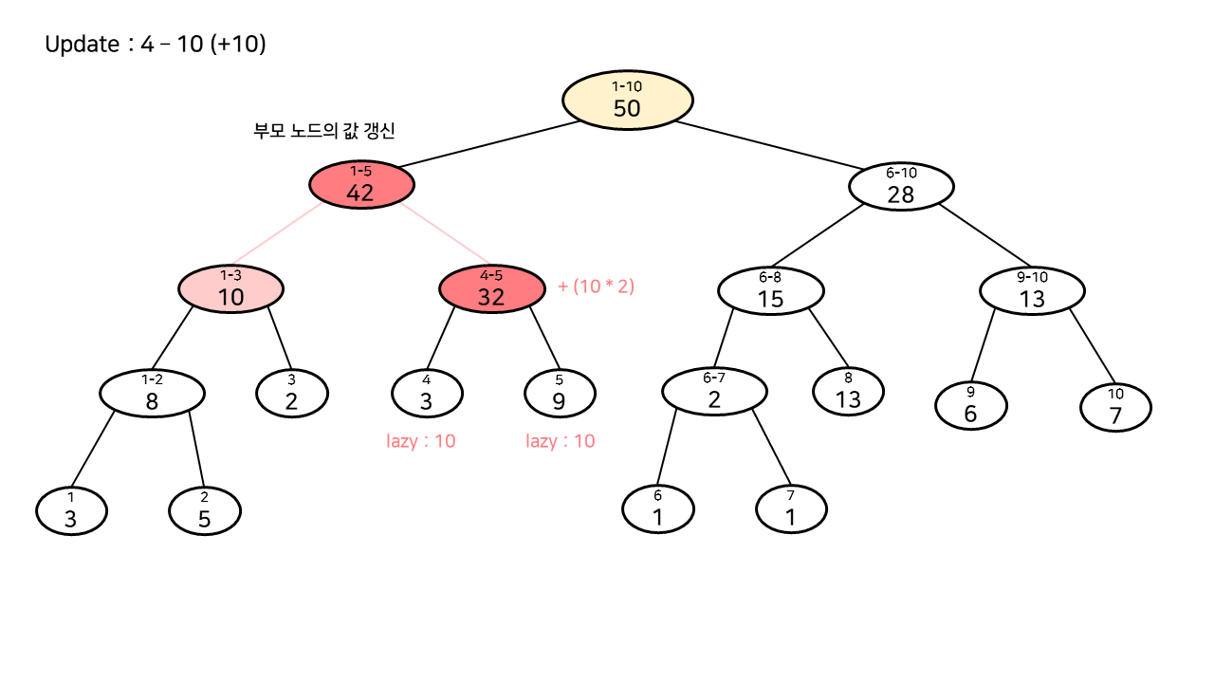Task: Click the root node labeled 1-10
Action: [627, 100]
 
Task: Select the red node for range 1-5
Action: [360, 184]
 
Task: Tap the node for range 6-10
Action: [901, 186]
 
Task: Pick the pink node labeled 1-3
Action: [230, 288]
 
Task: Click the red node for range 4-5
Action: [491, 288]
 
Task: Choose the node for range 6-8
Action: [770, 290]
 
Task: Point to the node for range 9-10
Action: [1032, 290]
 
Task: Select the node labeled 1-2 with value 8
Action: [152, 393]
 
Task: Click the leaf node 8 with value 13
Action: [848, 391]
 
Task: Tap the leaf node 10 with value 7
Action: [1115, 406]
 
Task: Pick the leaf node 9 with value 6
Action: [971, 406]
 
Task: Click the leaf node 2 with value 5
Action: [205, 511]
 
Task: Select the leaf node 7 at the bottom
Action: [791, 509]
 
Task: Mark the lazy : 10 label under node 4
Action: [421, 441]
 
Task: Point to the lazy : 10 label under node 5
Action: [561, 441]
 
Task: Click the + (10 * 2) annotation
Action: [596, 286]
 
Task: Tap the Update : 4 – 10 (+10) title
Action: [156, 45]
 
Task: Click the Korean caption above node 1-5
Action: [324, 132]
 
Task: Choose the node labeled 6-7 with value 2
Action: [714, 391]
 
